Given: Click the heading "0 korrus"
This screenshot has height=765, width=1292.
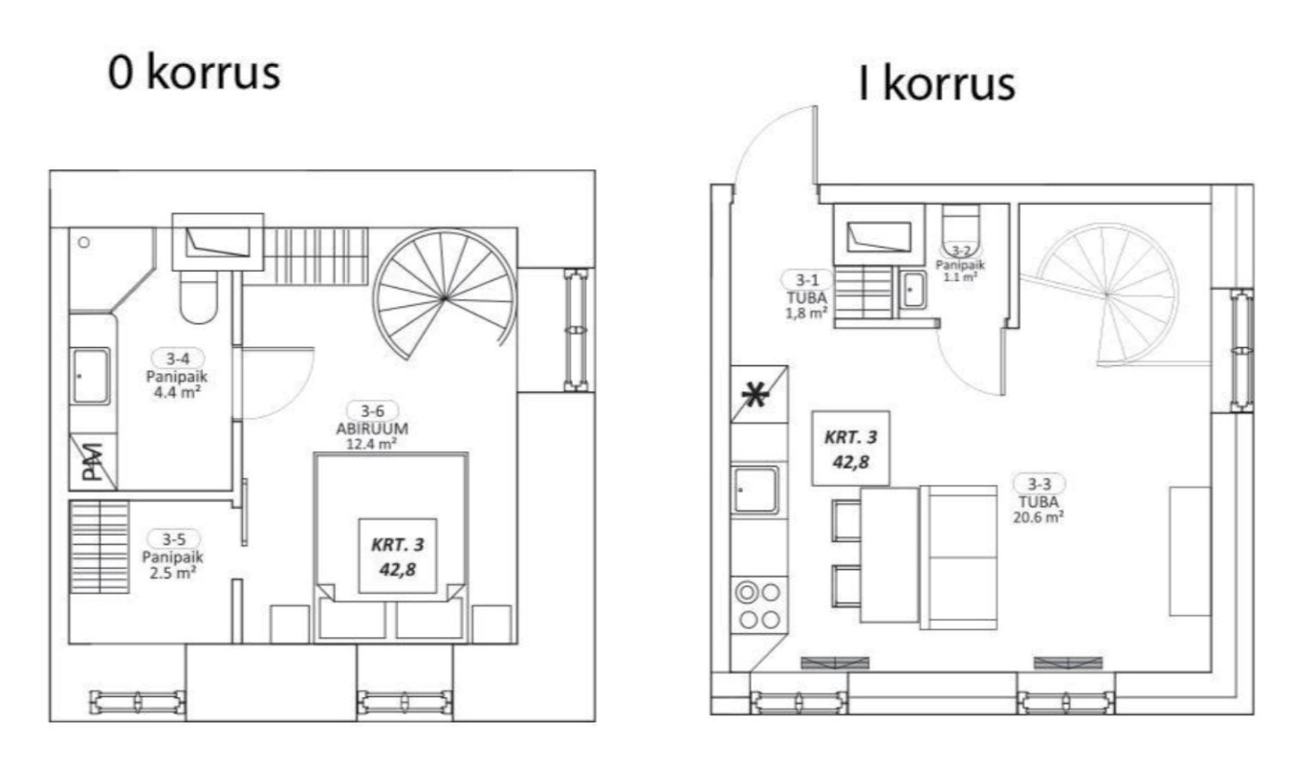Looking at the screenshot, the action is point(194,73).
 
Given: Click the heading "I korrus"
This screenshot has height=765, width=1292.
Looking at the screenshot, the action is point(936,84).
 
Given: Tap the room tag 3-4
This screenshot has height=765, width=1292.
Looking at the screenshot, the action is point(178,359).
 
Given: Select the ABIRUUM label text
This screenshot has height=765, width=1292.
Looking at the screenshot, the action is point(372,428).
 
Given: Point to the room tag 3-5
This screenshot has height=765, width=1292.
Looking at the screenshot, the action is point(174,539).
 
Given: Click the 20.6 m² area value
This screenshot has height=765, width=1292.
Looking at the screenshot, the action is point(1039,517).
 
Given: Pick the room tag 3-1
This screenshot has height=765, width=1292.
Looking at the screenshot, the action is point(807,280).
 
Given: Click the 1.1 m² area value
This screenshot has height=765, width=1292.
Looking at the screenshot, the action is point(960,277).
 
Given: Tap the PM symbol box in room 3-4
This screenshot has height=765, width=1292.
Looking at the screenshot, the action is point(93,462).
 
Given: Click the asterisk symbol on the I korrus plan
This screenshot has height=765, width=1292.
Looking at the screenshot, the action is point(755,396).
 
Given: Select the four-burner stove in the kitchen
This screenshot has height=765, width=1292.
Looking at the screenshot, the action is point(759,605).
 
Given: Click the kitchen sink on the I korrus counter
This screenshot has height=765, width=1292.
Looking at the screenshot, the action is point(755,490).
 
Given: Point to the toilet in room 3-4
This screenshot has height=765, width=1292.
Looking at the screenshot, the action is point(198,296).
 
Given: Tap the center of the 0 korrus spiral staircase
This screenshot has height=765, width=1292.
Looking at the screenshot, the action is point(444,298).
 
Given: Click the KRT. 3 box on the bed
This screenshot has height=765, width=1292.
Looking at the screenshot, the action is point(398,557).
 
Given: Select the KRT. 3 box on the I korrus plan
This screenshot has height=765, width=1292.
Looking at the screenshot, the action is point(851,448).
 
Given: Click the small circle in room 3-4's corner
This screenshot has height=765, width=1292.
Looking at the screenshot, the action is point(84,242).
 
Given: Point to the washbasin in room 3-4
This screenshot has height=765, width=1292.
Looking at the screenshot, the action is point(91,376).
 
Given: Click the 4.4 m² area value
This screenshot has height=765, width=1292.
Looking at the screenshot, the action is point(177,393).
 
